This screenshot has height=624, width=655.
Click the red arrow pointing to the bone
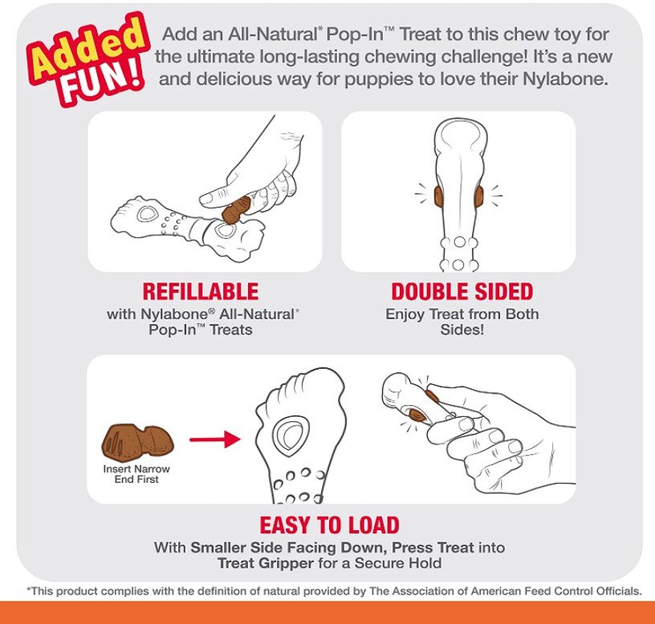(214, 440)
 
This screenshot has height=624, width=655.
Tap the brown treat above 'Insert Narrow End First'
(137, 441)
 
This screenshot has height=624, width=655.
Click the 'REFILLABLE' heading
(201, 291)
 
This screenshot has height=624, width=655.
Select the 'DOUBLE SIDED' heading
(462, 291)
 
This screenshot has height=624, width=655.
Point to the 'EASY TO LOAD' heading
(330, 525)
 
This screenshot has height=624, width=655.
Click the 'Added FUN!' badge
(87, 59)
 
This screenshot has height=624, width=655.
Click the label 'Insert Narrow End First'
(136, 474)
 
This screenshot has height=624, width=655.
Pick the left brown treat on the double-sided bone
(438, 197)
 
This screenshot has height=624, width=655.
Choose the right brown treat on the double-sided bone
(478, 197)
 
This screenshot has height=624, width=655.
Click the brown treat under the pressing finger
(236, 209)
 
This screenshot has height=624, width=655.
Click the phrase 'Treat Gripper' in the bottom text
(265, 563)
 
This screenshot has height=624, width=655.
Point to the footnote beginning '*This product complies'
(334, 591)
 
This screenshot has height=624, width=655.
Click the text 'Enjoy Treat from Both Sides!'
(462, 322)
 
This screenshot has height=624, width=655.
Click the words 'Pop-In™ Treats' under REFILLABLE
(201, 330)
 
